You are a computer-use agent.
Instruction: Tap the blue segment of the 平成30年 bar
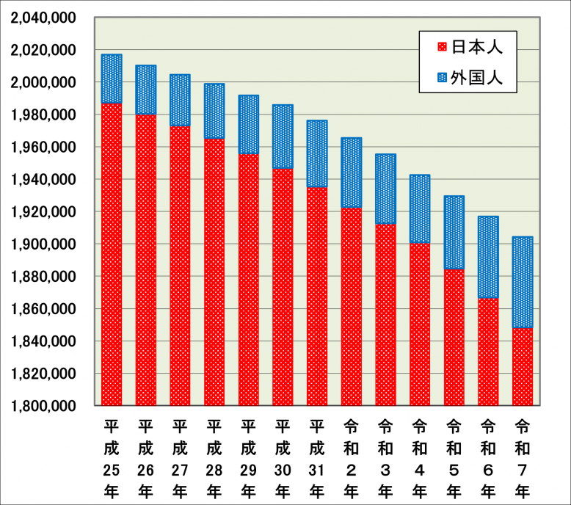(283, 137)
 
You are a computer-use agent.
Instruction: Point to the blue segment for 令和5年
(454, 233)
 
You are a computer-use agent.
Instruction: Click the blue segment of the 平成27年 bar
(180, 100)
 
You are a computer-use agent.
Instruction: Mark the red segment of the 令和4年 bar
(420, 324)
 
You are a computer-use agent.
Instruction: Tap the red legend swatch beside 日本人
(440, 47)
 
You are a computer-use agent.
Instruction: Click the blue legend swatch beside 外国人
(440, 77)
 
